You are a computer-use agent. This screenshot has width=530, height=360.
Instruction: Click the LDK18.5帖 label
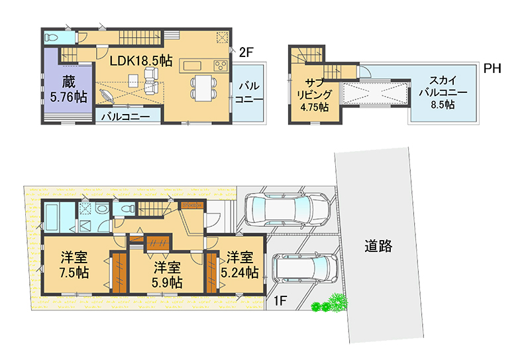coord(141,60)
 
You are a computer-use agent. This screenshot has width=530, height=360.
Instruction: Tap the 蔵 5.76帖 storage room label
coord(69,90)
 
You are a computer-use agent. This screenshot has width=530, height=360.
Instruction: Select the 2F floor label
coord(246,52)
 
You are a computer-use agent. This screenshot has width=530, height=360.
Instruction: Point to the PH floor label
coord(492,68)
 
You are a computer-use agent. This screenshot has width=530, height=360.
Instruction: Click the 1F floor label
coord(280,300)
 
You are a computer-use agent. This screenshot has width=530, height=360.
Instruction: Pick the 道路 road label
coord(378,246)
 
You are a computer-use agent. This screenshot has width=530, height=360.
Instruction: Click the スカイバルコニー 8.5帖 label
coord(443,92)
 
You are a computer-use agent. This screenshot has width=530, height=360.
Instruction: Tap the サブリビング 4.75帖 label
coord(314,95)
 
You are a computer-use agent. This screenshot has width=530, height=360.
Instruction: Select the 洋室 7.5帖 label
coord(74,265)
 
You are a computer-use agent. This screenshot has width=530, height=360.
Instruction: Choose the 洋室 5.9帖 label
coord(167,274)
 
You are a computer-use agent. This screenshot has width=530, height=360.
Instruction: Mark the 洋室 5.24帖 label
coord(240,265)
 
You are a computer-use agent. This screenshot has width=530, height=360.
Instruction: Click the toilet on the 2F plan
coord(52,38)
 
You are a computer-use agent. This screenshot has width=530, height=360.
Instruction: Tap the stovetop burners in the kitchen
coord(221,65)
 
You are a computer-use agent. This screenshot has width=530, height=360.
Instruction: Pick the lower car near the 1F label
coord(305,269)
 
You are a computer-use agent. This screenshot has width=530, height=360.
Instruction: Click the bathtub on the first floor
coord(55,217)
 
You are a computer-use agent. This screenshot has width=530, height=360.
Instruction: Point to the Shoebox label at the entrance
coord(192,205)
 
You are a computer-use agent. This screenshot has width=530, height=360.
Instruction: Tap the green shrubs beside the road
coord(330,303)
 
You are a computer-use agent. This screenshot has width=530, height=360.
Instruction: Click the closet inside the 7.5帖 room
coord(119,272)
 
